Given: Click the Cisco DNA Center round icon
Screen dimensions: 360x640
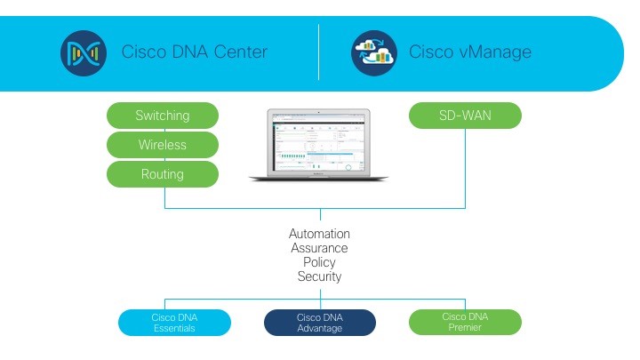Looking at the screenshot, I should coord(84,52).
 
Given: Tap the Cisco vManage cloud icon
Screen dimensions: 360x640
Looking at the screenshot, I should coord(374,52).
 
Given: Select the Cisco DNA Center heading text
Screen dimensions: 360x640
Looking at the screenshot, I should coord(194,52).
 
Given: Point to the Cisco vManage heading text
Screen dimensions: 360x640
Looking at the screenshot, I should coord(469,52).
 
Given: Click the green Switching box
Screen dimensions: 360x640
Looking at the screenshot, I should coord(162,116).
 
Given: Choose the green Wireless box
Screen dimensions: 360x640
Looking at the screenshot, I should coord(162,145).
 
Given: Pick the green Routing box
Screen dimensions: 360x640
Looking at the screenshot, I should coord(162,174).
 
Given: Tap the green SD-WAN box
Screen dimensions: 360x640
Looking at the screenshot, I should coord(465,116).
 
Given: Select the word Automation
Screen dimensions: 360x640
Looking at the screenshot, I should coord(319,234).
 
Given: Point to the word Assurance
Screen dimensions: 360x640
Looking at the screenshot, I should coord(319,248).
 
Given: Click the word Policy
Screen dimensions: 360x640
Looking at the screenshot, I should coord(319,262).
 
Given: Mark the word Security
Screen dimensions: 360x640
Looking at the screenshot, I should coord(319,276).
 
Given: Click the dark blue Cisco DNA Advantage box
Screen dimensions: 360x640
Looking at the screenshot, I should coord(319,322).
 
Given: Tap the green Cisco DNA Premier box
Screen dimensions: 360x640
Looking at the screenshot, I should coord(465,322).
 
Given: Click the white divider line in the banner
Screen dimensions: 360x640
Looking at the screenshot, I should coord(319,52).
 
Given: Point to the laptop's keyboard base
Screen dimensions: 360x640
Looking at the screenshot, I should coord(319,178).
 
